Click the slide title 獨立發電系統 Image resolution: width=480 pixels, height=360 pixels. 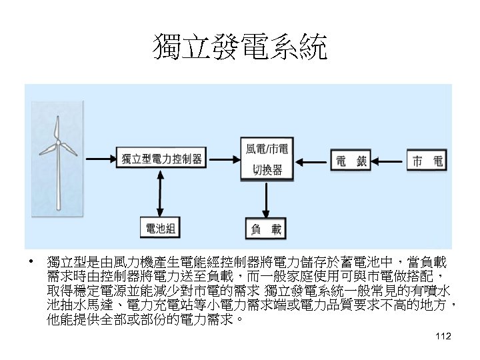tap(240, 49)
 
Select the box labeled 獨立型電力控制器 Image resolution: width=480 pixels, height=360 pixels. tap(162, 159)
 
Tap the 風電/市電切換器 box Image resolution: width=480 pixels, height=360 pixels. tap(267, 159)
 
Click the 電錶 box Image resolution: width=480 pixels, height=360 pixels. tap(351, 161)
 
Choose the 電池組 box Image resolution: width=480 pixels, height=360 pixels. tap(161, 229)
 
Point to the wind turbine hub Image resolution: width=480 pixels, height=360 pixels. tap(59, 143)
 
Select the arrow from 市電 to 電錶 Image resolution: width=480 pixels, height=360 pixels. tap(389, 161)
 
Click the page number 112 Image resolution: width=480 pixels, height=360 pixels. tap(443, 338)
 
